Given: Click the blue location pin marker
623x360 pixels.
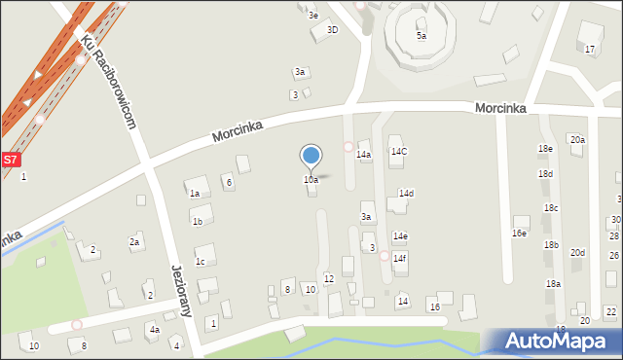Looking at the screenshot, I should (x=311, y=156).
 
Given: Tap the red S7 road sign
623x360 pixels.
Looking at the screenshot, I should (x=10, y=159).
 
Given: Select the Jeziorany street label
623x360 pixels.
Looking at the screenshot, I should (x=179, y=291).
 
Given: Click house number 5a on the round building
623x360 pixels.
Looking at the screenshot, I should (x=421, y=36).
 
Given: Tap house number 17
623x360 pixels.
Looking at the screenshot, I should (x=589, y=49).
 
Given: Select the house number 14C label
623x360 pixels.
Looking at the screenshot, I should (x=398, y=152).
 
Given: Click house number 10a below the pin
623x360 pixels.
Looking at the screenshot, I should (x=311, y=180).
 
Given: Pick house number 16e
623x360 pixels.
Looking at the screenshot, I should (x=519, y=234).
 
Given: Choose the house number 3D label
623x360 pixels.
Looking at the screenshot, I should (x=332, y=30).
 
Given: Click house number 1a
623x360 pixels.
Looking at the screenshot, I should (x=195, y=194).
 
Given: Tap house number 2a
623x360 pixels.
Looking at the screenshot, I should (x=134, y=242).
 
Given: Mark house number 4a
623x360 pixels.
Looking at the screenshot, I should (x=154, y=330).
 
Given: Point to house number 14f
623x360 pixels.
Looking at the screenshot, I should (x=399, y=258).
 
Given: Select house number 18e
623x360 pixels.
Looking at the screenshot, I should (x=545, y=148).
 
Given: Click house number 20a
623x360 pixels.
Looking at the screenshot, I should (x=577, y=140).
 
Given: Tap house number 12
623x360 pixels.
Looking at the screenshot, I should (x=329, y=279).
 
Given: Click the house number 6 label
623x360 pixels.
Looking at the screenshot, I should (x=229, y=182).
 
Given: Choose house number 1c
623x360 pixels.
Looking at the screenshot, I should (x=200, y=261).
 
